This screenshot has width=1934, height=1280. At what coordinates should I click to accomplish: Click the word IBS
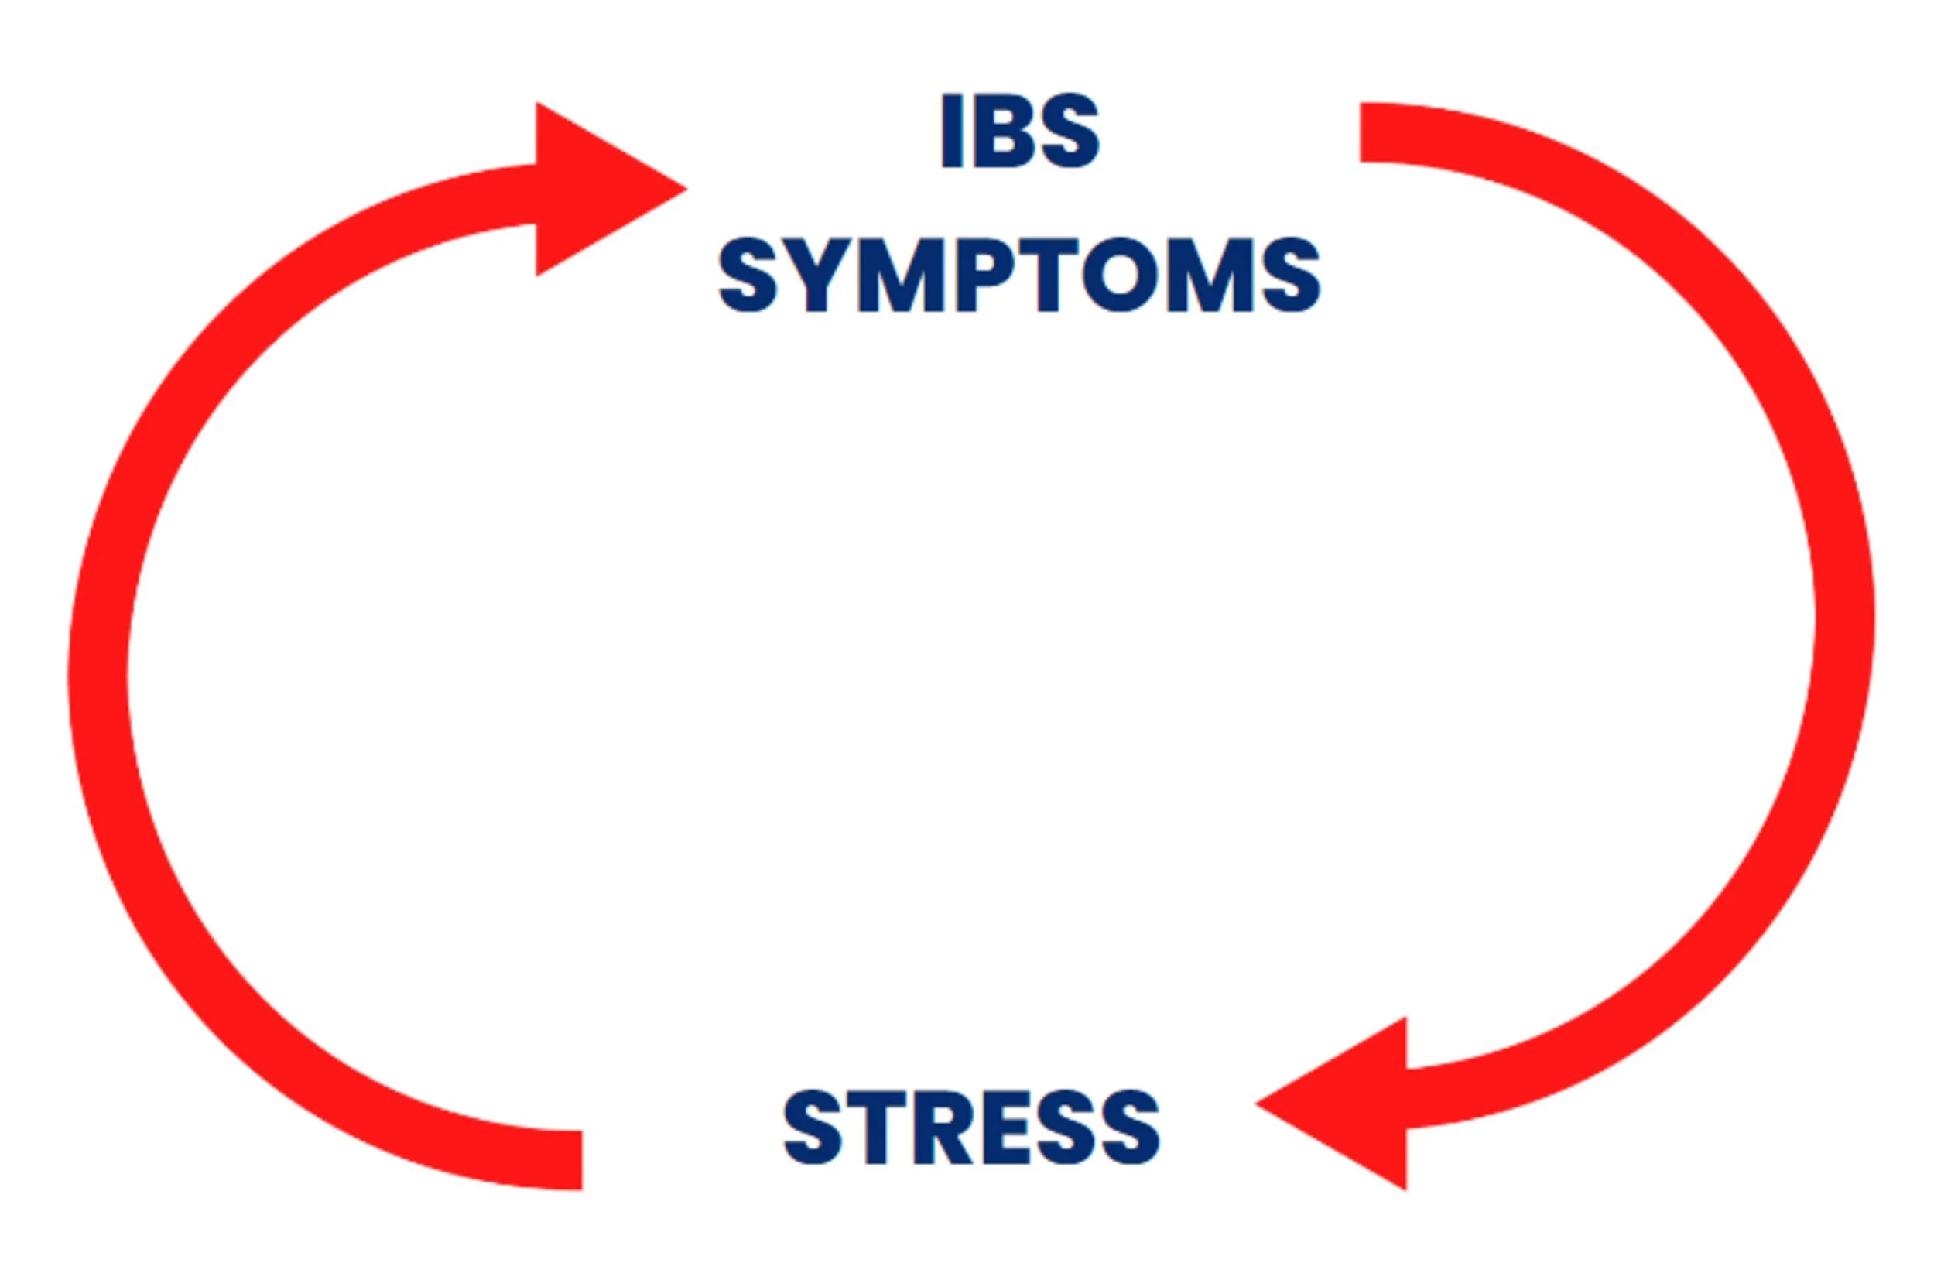tap(1020, 132)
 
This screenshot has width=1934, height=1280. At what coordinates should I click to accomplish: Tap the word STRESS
tap(970, 1128)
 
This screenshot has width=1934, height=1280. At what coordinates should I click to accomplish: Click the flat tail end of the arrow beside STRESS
tap(571, 1160)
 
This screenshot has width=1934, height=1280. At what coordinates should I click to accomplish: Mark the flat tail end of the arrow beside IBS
tap(1371, 132)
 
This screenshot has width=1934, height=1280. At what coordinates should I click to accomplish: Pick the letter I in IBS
tap(952, 132)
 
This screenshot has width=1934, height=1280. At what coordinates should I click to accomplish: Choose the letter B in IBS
tap(1003, 132)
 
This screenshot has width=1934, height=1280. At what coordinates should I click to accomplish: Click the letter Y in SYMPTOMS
tap(817, 275)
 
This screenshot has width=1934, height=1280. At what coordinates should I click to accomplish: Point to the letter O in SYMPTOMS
tap(1119, 275)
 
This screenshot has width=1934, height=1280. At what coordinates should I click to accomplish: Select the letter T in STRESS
tap(878, 1128)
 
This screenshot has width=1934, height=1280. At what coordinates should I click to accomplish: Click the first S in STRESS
tap(813, 1128)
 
